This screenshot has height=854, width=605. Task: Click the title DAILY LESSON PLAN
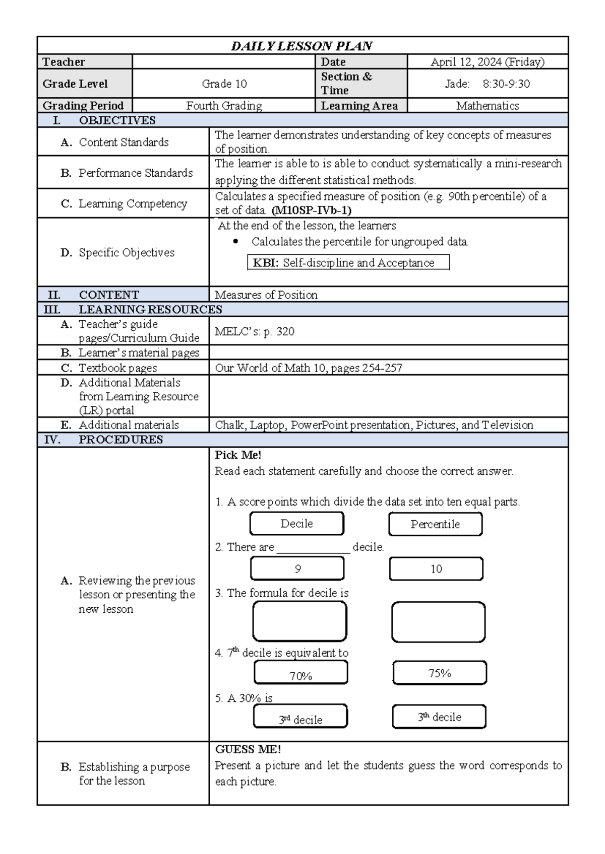tap(301, 46)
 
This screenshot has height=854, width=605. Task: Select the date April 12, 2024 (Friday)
tap(487, 62)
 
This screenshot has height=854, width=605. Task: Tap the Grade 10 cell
tap(224, 84)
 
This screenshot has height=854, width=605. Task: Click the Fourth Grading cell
tap(224, 106)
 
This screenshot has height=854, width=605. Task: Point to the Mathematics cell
tap(487, 106)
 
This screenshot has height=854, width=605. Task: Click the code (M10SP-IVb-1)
tap(311, 210)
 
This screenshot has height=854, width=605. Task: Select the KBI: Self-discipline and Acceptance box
tap(348, 263)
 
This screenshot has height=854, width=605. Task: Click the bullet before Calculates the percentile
tap(235, 242)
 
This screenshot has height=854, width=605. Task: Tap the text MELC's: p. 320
tap(255, 331)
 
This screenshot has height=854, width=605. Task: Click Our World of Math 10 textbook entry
tap(309, 368)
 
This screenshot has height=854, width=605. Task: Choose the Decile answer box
tap(296, 524)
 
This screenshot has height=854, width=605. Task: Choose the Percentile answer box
tap(435, 524)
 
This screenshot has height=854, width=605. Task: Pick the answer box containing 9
tap(297, 569)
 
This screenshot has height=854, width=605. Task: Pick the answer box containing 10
tap(436, 569)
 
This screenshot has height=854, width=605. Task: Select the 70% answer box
tap(301, 673)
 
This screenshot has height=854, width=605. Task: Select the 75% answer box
tap(440, 673)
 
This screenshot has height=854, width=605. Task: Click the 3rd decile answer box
tap(300, 717)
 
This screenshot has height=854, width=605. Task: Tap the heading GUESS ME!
tap(248, 749)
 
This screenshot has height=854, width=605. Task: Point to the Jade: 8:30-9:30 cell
tap(487, 84)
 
